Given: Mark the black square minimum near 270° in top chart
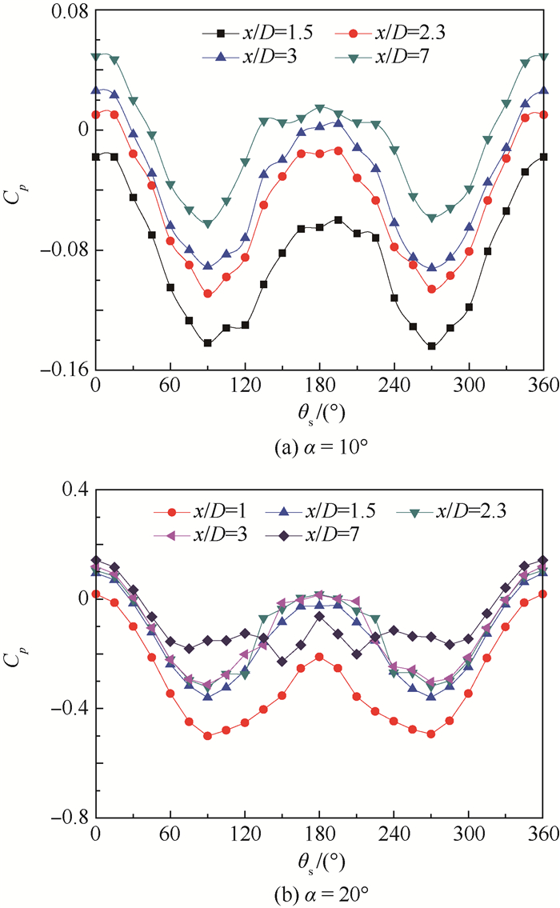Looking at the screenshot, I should (432, 346).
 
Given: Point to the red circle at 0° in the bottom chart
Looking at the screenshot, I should (96, 594).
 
